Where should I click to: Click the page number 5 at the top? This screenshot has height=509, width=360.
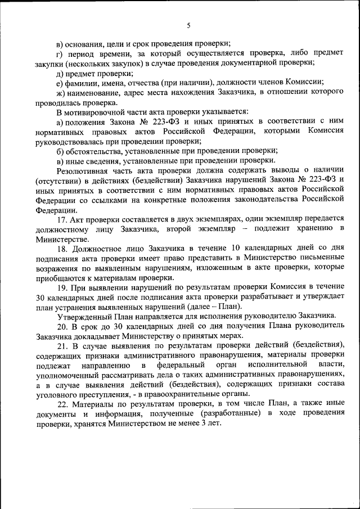189,25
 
